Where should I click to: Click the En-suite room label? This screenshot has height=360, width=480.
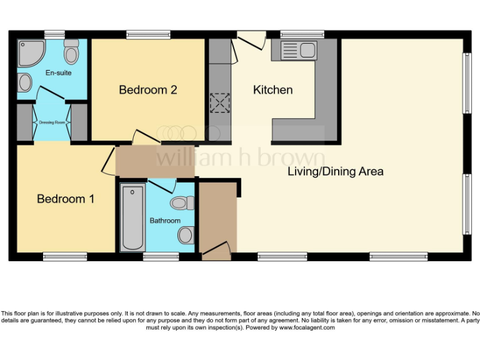tap(58, 73)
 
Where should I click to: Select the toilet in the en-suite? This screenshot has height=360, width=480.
tap(71, 52)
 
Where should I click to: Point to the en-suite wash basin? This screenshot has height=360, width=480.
tap(25, 82)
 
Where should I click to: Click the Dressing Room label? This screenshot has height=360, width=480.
tap(52, 122)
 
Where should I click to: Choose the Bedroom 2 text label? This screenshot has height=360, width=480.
tap(148, 90)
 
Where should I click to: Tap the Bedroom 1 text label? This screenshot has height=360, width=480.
tap(66, 199)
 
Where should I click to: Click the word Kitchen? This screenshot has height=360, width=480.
tap(272, 90)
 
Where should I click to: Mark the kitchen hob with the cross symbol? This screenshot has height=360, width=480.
tap(219, 102)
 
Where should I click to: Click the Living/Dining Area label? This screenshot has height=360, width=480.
tap(336, 171)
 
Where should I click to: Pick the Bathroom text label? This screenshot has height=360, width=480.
tap(165, 221)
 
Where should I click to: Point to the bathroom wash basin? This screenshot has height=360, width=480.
tap(186, 235)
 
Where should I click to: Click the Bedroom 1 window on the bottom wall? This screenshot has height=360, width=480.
tap(65, 256)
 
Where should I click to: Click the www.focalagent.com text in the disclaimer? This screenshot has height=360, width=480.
tap(306, 327)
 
